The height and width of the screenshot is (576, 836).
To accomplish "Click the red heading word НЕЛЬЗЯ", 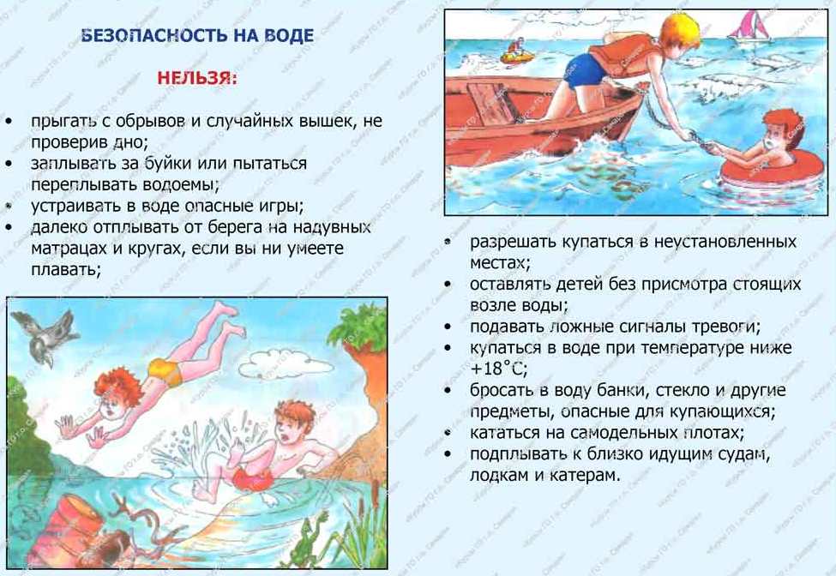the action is [196, 78].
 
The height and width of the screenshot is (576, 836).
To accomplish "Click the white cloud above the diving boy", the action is [284, 363].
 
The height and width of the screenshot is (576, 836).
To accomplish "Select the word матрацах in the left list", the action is [65, 249].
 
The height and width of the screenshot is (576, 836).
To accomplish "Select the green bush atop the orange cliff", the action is [358, 326].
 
